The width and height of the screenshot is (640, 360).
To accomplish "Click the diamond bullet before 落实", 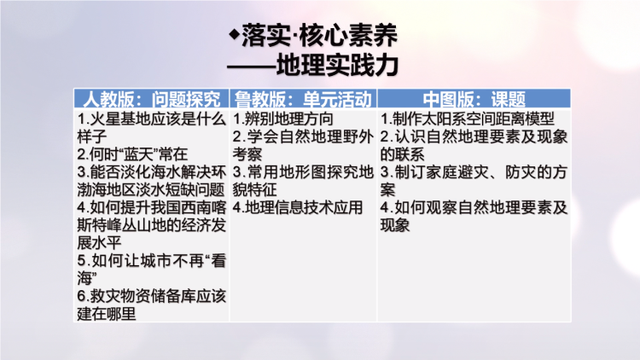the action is tap(234, 34).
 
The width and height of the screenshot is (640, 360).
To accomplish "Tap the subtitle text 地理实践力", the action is tap(337, 66).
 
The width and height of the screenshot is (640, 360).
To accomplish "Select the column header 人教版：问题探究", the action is tap(151, 99).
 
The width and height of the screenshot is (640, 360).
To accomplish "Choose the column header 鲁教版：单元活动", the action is tap(303, 99).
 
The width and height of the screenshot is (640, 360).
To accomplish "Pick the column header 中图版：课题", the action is tap(474, 99).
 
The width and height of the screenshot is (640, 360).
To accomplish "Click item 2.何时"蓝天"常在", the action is tap(132, 154).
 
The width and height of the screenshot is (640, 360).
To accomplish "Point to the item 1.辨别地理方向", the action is tap(283, 119).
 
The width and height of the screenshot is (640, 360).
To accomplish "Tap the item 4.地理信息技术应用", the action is tap(298, 207).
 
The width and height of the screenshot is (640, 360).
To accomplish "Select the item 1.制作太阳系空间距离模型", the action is tap(468, 119).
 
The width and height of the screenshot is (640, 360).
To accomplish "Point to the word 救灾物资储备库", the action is tap(143, 296).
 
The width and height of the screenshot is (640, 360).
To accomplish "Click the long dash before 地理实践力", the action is tap(252, 66).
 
